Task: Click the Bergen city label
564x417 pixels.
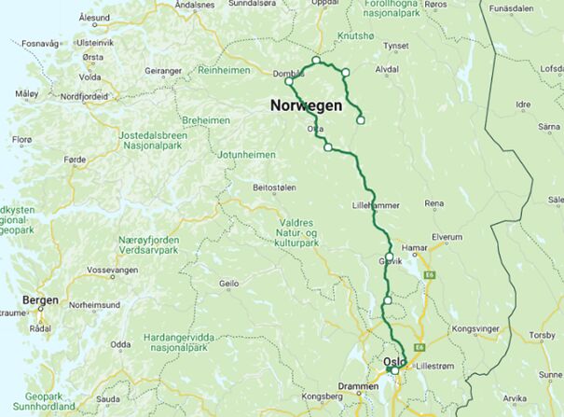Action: [42, 300]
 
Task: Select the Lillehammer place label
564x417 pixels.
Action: [376, 204]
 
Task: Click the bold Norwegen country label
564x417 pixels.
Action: [306, 105]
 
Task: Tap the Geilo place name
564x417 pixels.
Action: [228, 284]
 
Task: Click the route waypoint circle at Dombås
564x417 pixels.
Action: [289, 81]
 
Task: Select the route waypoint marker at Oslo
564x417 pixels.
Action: [394, 371]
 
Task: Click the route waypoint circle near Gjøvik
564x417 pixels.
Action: [389, 257]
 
